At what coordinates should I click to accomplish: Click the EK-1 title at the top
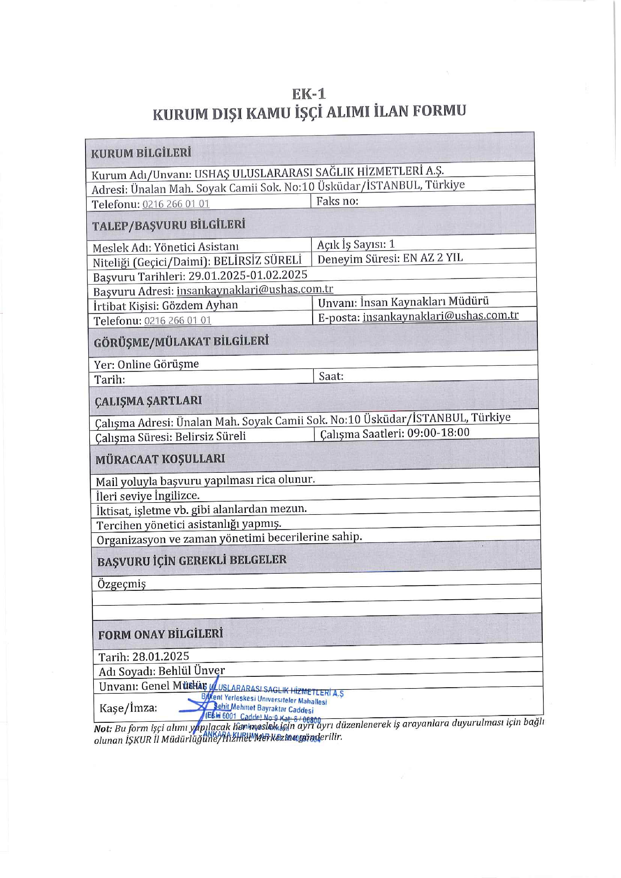(x=309, y=94)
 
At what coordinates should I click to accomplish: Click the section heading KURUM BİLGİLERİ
(x=141, y=153)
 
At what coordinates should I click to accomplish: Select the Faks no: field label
(x=337, y=201)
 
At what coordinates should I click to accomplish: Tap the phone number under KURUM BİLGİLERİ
(x=176, y=204)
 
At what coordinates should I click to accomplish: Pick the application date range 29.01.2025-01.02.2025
(x=248, y=275)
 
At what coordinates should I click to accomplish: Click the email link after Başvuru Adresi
(x=255, y=289)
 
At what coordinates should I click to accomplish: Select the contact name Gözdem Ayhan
(x=200, y=305)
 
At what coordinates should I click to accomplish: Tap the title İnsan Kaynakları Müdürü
(x=424, y=301)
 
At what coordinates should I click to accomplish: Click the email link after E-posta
(x=441, y=316)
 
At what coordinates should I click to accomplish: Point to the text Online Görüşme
(x=158, y=364)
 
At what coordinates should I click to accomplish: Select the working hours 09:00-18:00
(x=438, y=432)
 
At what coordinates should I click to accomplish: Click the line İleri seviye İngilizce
(x=147, y=496)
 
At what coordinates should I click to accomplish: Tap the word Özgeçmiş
(x=122, y=584)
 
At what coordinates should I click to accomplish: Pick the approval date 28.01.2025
(x=161, y=656)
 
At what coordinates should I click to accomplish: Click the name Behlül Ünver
(x=191, y=671)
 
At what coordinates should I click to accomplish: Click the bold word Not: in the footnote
(x=103, y=729)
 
